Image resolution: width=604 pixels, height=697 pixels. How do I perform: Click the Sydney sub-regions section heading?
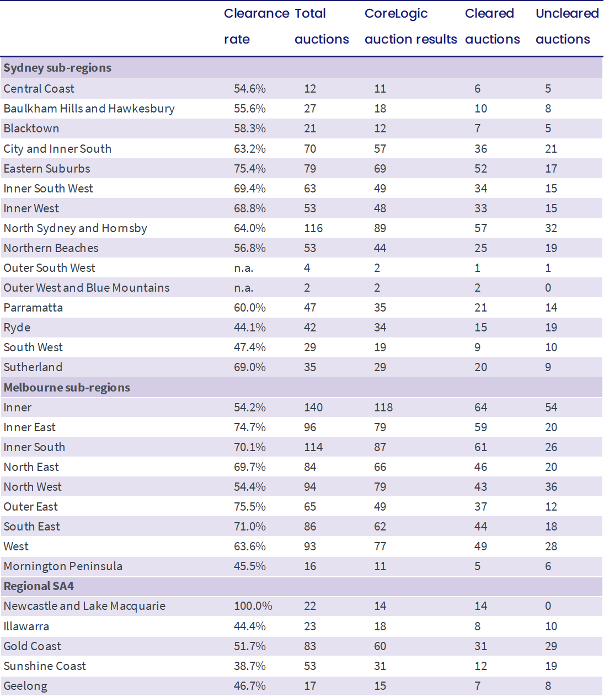click(x=57, y=68)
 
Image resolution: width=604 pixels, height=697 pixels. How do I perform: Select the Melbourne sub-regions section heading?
click(x=67, y=388)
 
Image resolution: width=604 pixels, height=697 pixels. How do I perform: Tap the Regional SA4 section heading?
click(x=39, y=586)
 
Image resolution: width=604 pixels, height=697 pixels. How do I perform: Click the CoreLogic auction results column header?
click(x=410, y=26)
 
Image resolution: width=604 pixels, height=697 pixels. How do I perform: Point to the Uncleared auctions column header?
click(x=567, y=26)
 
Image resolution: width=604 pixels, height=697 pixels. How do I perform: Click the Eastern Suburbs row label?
click(x=47, y=169)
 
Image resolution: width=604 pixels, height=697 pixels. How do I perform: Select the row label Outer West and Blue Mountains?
click(x=87, y=288)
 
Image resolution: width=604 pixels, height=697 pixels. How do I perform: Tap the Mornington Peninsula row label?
click(x=63, y=566)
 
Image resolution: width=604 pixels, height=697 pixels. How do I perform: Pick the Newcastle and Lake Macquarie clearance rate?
click(x=253, y=606)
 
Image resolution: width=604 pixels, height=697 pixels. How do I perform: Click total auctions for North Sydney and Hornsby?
click(x=313, y=228)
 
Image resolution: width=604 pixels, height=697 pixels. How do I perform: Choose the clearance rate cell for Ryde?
click(x=249, y=328)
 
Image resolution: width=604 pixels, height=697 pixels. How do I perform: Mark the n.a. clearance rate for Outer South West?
click(x=243, y=268)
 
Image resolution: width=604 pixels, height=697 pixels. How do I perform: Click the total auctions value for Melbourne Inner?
click(x=313, y=408)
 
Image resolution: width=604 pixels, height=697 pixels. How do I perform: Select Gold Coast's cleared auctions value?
click(x=480, y=646)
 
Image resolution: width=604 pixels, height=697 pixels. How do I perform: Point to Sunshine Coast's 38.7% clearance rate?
click(x=249, y=666)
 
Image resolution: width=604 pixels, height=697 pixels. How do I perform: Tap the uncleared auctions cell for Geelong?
click(x=548, y=686)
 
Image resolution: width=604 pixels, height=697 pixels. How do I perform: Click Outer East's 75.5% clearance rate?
click(x=249, y=506)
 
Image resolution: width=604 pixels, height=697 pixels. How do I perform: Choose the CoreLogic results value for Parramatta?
click(x=379, y=308)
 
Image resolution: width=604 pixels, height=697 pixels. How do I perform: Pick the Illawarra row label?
click(x=26, y=626)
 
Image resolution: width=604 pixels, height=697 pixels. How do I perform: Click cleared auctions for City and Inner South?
click(x=480, y=149)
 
